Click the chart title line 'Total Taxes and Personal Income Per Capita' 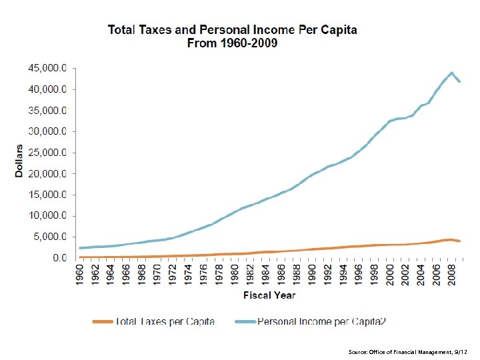coord(233,31)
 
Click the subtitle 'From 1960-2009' coord(233,43)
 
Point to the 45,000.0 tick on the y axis coord(47,69)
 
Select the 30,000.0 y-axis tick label coord(47,131)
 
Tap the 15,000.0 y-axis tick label coord(47,195)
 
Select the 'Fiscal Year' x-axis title coord(269,295)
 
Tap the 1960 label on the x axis coord(80,274)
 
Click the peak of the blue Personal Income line coord(451,73)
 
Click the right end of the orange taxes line coord(459,241)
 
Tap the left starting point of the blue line coord(80,248)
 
